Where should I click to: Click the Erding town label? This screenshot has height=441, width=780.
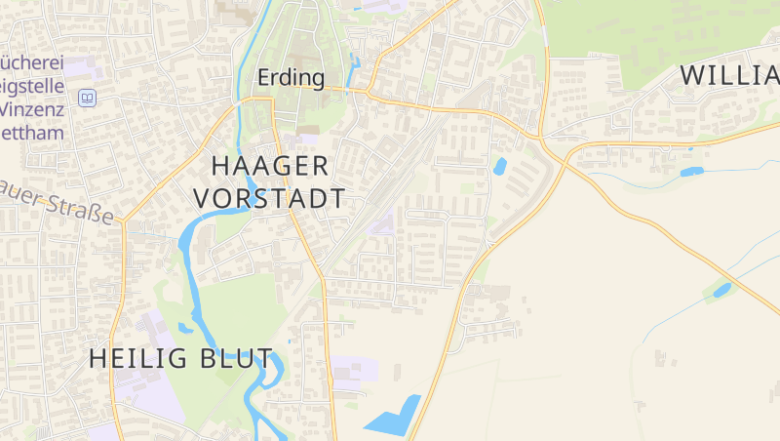[291, 77]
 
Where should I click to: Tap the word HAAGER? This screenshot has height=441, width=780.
[270, 165]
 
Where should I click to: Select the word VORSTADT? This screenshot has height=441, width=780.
[269, 198]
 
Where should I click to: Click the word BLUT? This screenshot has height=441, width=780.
[238, 358]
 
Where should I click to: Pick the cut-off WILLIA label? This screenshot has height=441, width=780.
[728, 74]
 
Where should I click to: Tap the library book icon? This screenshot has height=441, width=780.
[89, 98]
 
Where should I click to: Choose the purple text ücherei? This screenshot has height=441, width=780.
[32, 62]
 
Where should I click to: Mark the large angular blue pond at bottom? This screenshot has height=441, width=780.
[395, 419]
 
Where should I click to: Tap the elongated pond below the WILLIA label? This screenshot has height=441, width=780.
[691, 172]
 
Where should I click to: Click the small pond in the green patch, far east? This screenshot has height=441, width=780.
[721, 289]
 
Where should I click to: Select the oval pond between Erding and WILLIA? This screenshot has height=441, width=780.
[500, 166]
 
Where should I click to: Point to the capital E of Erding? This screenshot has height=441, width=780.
[263, 77]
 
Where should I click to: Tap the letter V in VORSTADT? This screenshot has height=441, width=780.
[202, 198]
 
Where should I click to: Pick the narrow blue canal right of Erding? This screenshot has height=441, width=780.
[355, 72]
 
